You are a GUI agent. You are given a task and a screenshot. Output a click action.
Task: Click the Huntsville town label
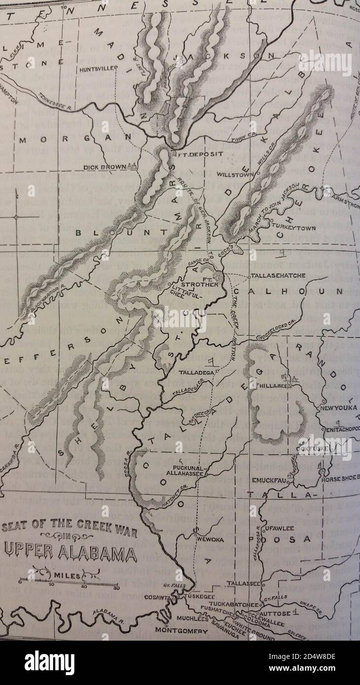click(97, 69)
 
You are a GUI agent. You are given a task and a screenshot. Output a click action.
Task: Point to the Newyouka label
click(339, 408)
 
